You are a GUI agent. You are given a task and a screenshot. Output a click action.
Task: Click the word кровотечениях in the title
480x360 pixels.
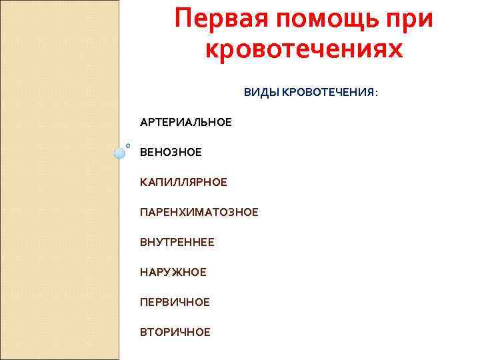pyautogui.click(x=304, y=50)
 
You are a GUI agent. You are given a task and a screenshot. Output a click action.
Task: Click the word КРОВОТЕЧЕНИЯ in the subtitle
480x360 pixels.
pyautogui.click(x=327, y=92)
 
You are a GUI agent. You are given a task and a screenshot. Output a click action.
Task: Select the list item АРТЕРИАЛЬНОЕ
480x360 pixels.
pyautogui.click(x=186, y=123)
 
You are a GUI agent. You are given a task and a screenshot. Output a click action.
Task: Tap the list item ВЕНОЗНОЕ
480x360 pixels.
pyautogui.click(x=171, y=153)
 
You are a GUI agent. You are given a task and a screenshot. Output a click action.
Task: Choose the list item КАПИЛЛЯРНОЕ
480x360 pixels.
pyautogui.click(x=183, y=182)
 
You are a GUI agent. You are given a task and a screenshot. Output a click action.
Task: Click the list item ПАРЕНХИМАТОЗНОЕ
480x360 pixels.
pyautogui.click(x=199, y=212)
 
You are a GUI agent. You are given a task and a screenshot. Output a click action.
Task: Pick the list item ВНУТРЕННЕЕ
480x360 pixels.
pyautogui.click(x=177, y=242)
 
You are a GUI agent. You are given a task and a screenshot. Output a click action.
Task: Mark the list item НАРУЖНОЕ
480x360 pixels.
pyautogui.click(x=173, y=272)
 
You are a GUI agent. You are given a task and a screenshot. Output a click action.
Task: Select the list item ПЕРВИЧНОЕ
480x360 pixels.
pyautogui.click(x=175, y=302)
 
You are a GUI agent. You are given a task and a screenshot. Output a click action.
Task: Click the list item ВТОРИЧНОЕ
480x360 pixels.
pyautogui.click(x=175, y=332)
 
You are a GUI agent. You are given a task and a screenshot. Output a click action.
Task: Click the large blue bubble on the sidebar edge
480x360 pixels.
pyautogui.click(x=119, y=153)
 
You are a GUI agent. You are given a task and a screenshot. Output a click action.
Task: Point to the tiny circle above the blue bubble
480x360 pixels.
pyautogui.click(x=127, y=145)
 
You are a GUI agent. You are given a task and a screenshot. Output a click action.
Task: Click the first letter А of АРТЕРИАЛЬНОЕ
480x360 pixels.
pyautogui.click(x=143, y=123)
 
